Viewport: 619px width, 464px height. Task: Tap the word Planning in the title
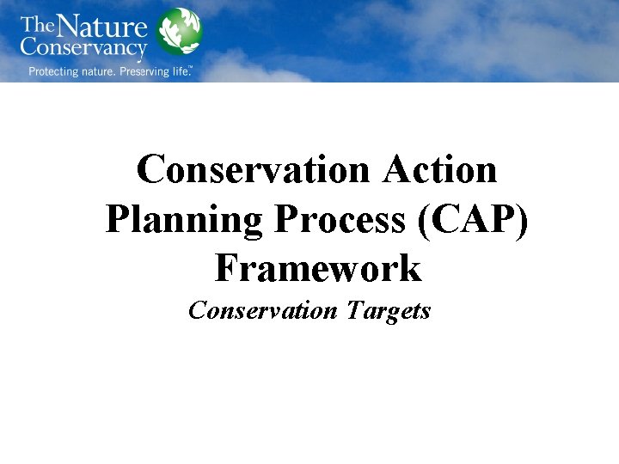point(184,219)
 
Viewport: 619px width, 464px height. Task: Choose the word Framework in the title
point(318,268)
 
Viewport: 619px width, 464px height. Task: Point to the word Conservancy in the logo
point(84,48)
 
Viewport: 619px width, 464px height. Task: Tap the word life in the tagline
point(181,70)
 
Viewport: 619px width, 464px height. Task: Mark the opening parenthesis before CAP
point(425,220)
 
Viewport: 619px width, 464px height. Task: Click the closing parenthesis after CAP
point(523,220)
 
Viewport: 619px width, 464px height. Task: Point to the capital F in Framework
point(226,268)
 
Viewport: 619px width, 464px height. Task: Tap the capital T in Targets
point(355,309)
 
